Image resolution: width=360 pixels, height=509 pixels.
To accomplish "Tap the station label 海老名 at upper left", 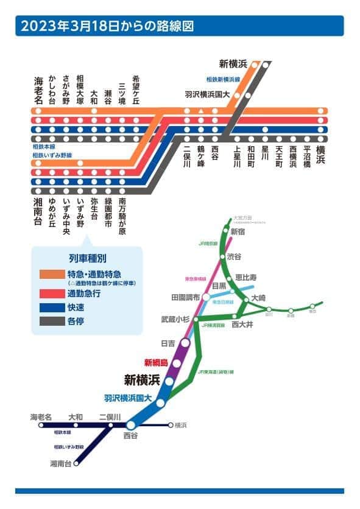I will click(x=38, y=90).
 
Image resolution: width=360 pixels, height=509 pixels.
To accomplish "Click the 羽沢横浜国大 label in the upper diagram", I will click(x=208, y=94).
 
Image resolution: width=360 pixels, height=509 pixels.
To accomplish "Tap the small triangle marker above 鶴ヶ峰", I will click(x=201, y=111).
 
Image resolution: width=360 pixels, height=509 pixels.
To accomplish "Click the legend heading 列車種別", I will click(x=88, y=259).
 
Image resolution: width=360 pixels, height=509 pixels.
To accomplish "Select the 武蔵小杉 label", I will click(x=175, y=319).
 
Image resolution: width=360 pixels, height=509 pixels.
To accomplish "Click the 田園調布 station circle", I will click(x=206, y=298).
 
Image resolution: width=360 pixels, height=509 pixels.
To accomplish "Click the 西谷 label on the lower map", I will click(x=131, y=437).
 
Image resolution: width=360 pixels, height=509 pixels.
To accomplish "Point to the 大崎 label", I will click(x=258, y=298).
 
